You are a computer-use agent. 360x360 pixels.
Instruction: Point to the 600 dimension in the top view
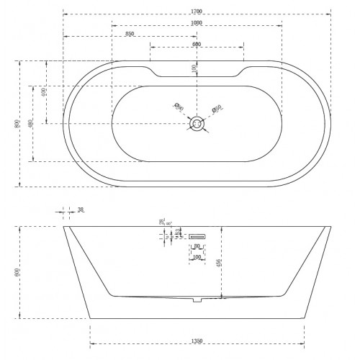pyautogui.click(x=196, y=45)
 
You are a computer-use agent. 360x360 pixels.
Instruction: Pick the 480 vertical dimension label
pyautogui.click(x=30, y=123)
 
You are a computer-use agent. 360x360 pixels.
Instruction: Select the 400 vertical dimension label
pyautogui.click(x=44, y=93)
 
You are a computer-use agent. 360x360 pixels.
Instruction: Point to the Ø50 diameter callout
pyautogui.click(x=216, y=109)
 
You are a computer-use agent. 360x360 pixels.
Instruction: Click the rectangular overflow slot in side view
pyautogui.click(x=197, y=236)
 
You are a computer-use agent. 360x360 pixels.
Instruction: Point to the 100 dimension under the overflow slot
pyautogui.click(x=197, y=256)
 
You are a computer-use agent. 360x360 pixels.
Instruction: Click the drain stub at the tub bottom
pyautogui.click(x=197, y=299)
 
